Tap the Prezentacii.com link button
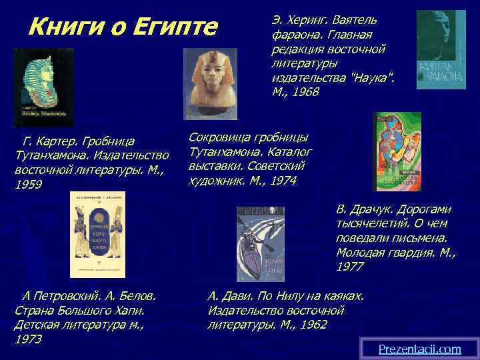point(419,349)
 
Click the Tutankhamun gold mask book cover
point(44,87)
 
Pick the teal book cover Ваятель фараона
point(441,49)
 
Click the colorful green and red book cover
point(397,151)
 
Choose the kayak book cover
point(261,243)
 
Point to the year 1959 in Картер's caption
point(28,184)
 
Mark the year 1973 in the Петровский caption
point(28,339)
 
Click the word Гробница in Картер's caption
point(105,141)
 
